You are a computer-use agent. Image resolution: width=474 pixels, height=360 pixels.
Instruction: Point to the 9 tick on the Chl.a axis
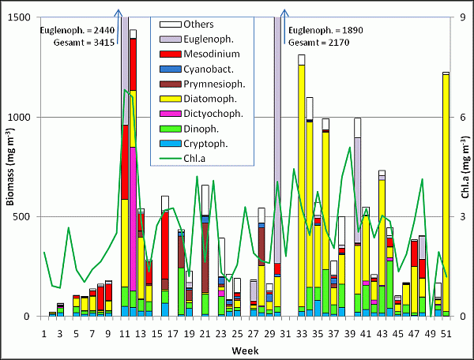click(x=448, y=17)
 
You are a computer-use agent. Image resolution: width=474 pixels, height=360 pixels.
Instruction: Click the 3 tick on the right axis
click(x=448, y=216)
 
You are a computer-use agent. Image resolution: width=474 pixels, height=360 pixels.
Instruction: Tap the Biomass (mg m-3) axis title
click(x=9, y=166)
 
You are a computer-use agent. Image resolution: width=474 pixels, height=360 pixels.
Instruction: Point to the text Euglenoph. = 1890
click(x=321, y=30)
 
